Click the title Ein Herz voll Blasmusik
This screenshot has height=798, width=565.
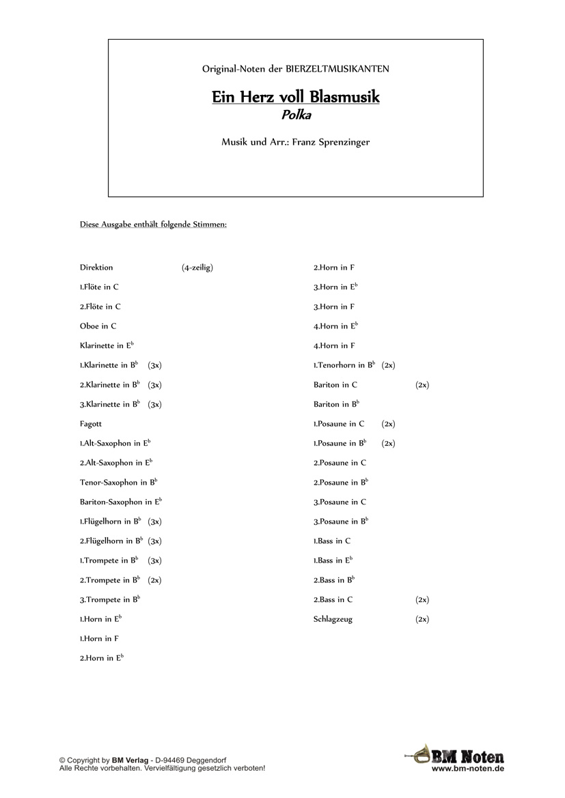point(295,97)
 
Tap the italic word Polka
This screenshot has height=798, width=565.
point(296,115)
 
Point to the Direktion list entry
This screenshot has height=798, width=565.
point(96,268)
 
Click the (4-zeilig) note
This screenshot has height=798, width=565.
point(197,268)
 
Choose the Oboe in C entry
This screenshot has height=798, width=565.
point(98,326)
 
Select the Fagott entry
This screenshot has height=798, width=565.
point(91,424)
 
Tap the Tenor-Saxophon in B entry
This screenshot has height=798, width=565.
point(118,483)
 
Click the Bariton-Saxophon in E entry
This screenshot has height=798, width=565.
point(120,502)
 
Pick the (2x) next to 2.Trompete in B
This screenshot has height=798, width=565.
point(154,580)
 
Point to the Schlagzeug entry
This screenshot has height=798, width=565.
point(333,619)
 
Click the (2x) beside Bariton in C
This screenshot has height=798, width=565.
point(422,385)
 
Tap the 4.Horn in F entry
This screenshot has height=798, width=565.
point(334,346)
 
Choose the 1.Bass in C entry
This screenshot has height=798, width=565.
point(332,541)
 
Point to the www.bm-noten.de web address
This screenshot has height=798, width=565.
point(468,769)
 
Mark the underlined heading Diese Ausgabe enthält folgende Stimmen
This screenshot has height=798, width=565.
point(153,224)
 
